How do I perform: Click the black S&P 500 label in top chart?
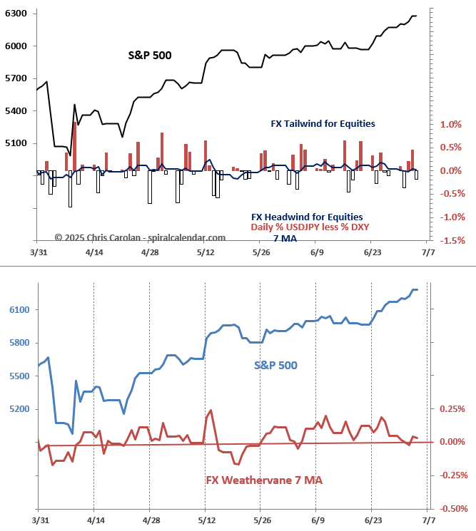click(150, 55)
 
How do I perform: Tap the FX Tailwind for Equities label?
click(323, 123)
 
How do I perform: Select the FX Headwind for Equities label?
click(307, 217)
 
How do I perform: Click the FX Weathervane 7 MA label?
click(264, 480)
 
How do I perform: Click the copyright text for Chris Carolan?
click(140, 237)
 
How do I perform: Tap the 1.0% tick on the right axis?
click(450, 125)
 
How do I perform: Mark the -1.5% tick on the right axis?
click(449, 241)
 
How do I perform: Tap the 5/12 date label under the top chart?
click(205, 252)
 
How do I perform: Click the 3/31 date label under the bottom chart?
click(39, 521)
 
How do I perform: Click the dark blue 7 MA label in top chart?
click(285, 239)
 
